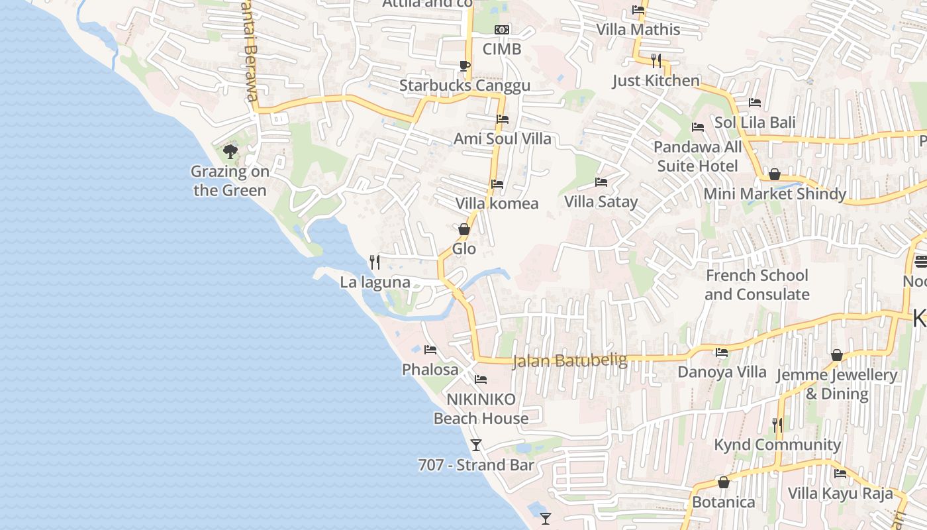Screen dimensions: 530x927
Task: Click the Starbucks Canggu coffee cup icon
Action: pyautogui.click(x=464, y=65)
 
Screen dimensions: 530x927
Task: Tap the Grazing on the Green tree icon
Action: pyautogui.click(x=230, y=152)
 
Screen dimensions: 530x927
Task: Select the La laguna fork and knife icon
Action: pyautogui.click(x=375, y=262)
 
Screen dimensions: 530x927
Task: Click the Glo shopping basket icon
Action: pyautogui.click(x=464, y=229)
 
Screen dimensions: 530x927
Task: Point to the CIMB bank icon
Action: pyautogui.click(x=502, y=29)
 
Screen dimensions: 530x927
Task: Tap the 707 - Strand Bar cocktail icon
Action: pyautogui.click(x=476, y=445)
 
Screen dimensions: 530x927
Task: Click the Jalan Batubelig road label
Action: pyautogui.click(x=569, y=360)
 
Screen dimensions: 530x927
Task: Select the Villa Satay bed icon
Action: pyautogui.click(x=601, y=182)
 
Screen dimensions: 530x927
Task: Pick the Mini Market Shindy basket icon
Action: pyautogui.click(x=774, y=174)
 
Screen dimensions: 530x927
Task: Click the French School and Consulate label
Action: pyautogui.click(x=757, y=285)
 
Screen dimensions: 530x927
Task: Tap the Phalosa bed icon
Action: pyautogui.click(x=430, y=349)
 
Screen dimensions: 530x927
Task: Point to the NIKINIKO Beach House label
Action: pyautogui.click(x=481, y=409)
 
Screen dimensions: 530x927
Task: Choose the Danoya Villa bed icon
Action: pyautogui.click(x=722, y=352)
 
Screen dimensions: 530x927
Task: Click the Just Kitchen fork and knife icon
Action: pyautogui.click(x=656, y=61)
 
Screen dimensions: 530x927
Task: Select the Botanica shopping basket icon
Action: pyautogui.click(x=724, y=482)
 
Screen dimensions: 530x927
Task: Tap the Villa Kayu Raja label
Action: pyautogui.click(x=840, y=494)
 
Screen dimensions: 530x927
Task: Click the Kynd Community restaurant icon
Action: pyautogui.click(x=777, y=425)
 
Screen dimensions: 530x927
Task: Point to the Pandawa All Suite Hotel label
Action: pyautogui.click(x=698, y=156)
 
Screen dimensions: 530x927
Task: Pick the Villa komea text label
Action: pyautogui.click(x=497, y=203)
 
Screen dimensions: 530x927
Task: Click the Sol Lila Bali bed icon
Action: pyautogui.click(x=754, y=102)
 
